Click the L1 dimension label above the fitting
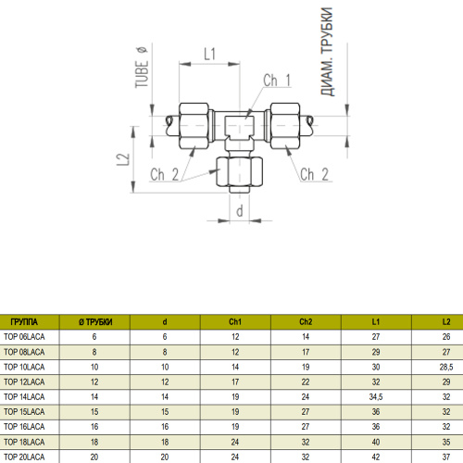(x=209, y=54)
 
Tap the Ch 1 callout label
(x=277, y=81)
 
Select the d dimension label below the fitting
(x=240, y=211)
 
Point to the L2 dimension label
(x=123, y=159)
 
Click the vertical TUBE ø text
(x=142, y=68)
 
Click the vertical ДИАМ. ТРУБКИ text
(x=327, y=52)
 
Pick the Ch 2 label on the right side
(x=314, y=174)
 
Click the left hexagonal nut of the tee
(x=194, y=126)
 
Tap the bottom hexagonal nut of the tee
(x=240, y=171)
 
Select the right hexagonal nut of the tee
(x=285, y=126)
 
